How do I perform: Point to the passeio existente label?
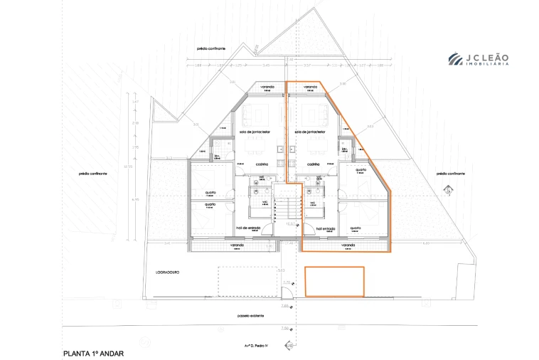(251, 315)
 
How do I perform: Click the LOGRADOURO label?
(169, 272)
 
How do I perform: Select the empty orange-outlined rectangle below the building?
(334, 281)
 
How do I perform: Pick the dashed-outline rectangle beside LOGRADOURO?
(246, 280)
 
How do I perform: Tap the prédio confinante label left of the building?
(93, 172)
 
